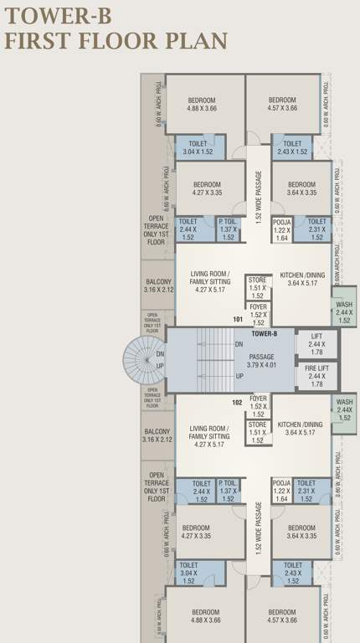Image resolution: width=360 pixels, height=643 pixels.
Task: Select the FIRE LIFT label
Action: (x=316, y=371)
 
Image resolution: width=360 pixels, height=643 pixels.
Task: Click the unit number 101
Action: (x=237, y=320)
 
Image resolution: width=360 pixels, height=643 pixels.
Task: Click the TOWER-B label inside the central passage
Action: (x=264, y=332)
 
